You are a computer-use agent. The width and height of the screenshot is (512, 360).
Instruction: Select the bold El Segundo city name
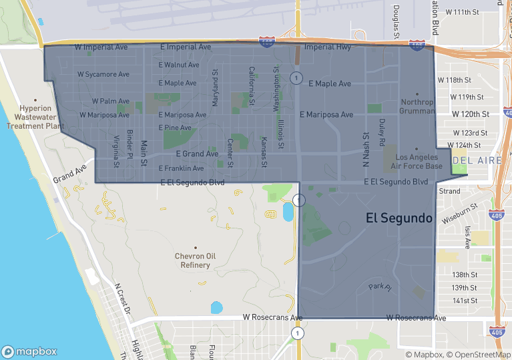click(x=399, y=218)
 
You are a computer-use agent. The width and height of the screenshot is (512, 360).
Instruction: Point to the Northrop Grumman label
click(x=417, y=106)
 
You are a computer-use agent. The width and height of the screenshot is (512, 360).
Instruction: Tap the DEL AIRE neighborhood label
click(x=473, y=160)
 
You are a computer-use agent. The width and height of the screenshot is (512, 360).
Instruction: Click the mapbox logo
click(x=29, y=351)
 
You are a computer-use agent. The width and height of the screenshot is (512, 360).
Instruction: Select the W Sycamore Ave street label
click(x=103, y=74)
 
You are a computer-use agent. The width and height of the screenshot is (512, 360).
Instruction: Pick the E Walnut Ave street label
click(x=179, y=65)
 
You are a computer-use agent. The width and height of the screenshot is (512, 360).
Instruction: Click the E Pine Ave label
click(x=175, y=128)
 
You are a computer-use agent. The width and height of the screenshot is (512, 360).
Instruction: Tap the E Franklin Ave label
click(x=181, y=168)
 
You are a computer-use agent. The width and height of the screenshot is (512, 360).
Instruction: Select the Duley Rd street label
click(x=382, y=132)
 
